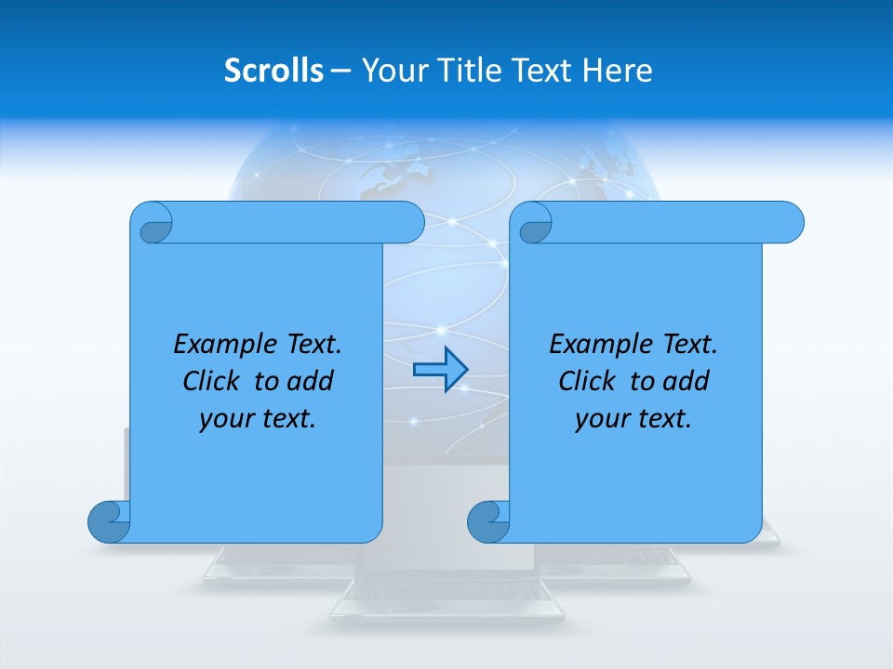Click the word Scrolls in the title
click(x=273, y=71)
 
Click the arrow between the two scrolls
click(x=440, y=370)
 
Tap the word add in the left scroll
click(x=311, y=381)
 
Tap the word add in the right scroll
click(x=686, y=381)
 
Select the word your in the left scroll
click(x=224, y=419)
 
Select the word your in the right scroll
click(x=600, y=419)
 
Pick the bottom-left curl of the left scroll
click(x=108, y=521)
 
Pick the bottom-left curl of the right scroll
click(x=487, y=521)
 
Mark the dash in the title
click(x=341, y=71)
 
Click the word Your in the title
click(x=390, y=71)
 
